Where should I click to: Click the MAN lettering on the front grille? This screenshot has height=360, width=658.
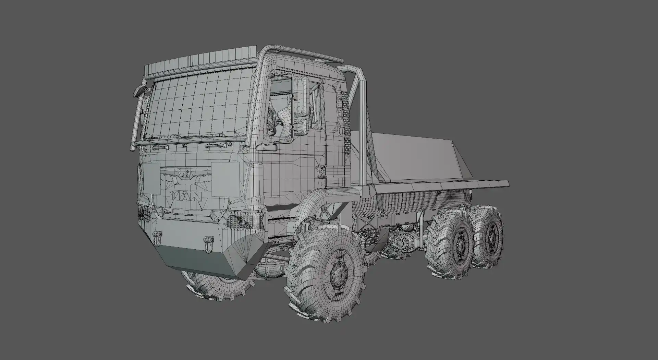pyautogui.click(x=186, y=196)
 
